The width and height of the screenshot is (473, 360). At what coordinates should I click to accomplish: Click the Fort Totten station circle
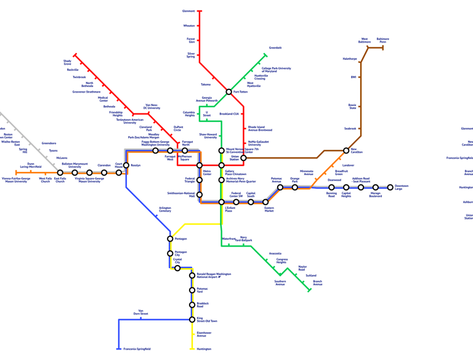pos(228,92)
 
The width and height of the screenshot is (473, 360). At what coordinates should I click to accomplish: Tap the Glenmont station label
pos(188,11)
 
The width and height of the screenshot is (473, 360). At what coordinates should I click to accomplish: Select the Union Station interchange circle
pos(243,158)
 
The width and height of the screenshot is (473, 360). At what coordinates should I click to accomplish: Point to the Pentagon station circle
pos(170,239)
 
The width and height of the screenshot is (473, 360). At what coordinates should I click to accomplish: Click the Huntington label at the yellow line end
pos(204,349)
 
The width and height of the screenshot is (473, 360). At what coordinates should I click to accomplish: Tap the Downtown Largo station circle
pos(390,187)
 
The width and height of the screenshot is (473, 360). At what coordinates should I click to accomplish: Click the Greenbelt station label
pos(275,47)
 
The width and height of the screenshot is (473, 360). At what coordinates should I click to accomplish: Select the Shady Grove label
pos(67,62)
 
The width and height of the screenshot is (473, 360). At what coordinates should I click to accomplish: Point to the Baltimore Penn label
pos(382,40)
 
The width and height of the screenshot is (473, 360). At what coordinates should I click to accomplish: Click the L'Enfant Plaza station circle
pos(222,202)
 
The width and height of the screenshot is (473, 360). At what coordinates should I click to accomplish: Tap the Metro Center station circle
pos(200,165)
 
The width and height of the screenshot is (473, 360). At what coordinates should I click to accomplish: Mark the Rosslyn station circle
pos(126,165)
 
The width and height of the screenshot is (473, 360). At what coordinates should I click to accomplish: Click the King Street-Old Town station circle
pos(192,319)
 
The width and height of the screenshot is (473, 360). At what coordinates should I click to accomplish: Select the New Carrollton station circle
pos(346,150)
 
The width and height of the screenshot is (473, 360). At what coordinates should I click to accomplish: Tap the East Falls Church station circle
pos(60,173)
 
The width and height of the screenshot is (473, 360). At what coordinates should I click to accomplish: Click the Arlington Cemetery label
pos(165,210)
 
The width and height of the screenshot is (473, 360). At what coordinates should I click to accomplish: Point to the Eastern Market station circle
pos(266,202)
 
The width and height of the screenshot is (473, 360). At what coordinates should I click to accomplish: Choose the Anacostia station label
pos(275,253)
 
